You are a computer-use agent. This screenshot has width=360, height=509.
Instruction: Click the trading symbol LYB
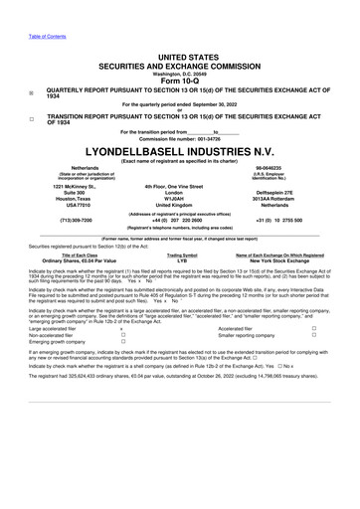coord(181,287)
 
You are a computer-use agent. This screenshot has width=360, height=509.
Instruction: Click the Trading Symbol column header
coord(181,281)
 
